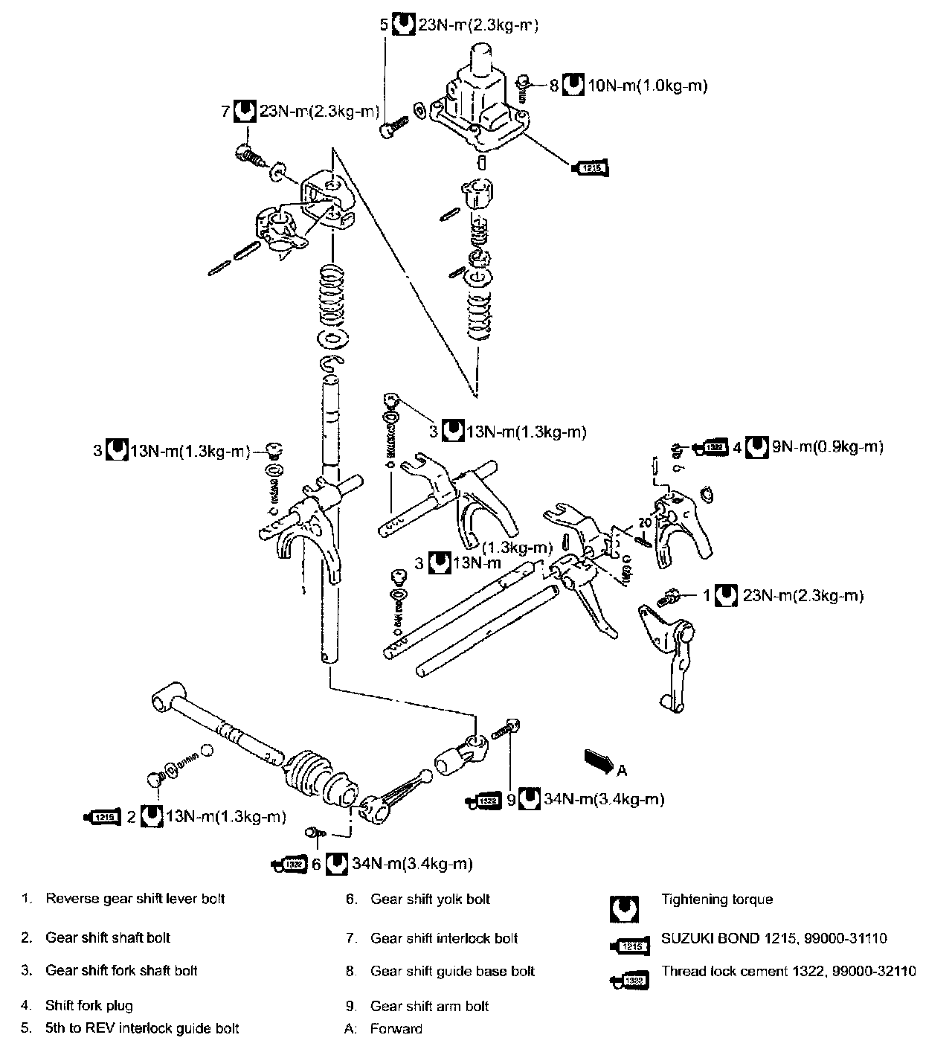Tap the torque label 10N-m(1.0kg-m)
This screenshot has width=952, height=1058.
tap(647, 86)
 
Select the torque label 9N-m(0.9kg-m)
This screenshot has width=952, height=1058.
tap(828, 447)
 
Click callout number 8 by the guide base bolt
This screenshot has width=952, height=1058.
tap(553, 86)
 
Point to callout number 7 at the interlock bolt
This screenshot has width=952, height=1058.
tap(225, 112)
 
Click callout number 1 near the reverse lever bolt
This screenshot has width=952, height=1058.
tap(707, 596)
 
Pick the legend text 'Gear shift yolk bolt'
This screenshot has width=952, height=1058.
tap(430, 900)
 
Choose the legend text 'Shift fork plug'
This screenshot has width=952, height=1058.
tap(89, 1006)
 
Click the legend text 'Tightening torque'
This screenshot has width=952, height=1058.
tap(717, 900)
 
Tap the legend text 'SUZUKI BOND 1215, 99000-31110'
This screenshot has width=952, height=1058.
tap(773, 939)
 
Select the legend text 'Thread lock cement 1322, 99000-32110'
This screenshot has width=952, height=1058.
tap(788, 971)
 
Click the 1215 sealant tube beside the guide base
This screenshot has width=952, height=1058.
tap(591, 168)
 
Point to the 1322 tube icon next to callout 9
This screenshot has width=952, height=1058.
tap(484, 801)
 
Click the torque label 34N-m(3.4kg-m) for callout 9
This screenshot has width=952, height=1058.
tap(603, 800)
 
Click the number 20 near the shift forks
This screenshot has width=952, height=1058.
tap(644, 523)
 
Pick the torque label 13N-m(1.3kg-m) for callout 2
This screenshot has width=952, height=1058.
tap(225, 817)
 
